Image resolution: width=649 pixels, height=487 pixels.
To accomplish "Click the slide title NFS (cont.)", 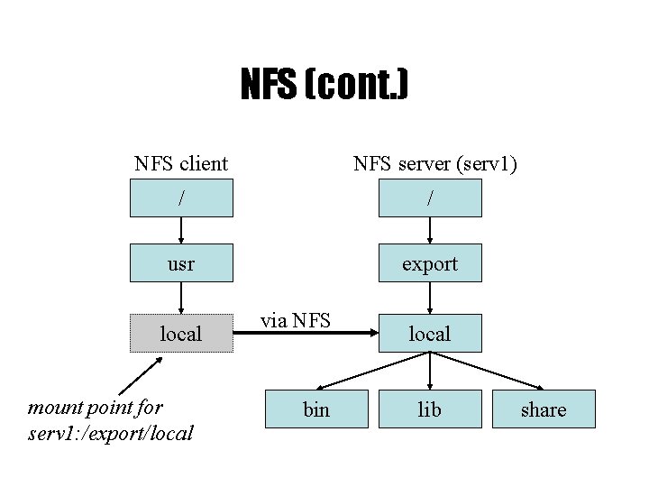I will coord(324,86).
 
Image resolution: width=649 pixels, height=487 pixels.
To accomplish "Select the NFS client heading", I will coord(180,163).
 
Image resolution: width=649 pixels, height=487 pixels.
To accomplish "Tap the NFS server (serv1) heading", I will coord(434,163).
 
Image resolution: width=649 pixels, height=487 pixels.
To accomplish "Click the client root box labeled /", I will coord(181,198).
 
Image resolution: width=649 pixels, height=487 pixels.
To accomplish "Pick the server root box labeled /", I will coord(430,198).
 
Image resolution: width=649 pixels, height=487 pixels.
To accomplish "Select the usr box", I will coord(181,263).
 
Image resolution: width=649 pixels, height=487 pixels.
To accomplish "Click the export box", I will coord(430,263).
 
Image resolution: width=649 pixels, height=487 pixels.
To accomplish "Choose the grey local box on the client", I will coord(181,334).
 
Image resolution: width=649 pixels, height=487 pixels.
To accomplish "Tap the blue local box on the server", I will coord(430,334).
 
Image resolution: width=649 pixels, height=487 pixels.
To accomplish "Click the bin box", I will coord(316,409).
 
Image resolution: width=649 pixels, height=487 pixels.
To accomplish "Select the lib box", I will coord(430,409).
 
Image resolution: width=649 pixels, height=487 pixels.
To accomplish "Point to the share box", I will coord(544,409).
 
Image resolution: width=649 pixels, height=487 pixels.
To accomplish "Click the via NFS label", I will coord(296,319).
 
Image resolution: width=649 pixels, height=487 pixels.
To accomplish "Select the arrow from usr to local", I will coord(181,298).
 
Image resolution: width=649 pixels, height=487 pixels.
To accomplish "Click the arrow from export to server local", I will coord(430,298).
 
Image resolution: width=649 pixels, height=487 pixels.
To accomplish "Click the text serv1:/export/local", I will coord(111,433).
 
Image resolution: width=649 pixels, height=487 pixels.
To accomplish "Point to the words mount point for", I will coord(96,408).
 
